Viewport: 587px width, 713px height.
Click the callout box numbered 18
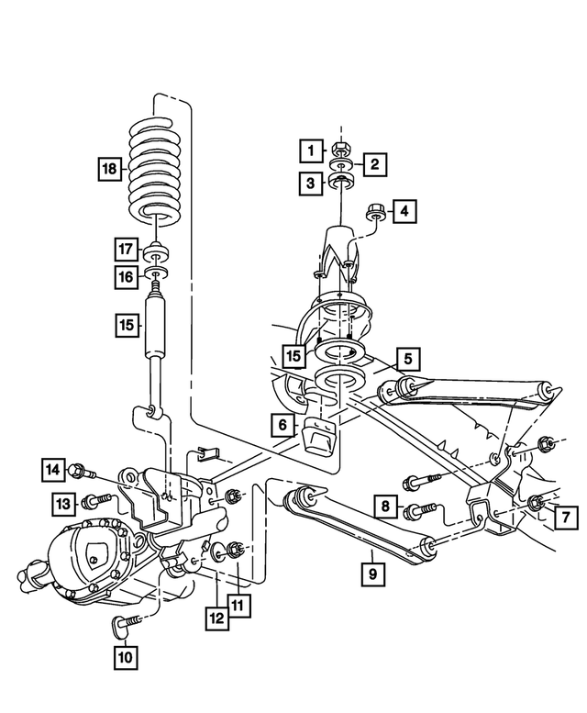click(x=110, y=169)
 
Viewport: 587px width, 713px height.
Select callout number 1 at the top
click(x=312, y=150)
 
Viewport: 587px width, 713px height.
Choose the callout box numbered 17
click(x=127, y=249)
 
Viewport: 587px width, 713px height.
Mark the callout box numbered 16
click(x=127, y=275)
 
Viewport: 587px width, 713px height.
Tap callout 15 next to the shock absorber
click(x=127, y=324)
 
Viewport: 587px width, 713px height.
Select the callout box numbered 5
click(x=408, y=358)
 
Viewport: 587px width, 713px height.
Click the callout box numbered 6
click(x=282, y=424)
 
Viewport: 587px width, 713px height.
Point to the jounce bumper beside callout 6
click(x=317, y=436)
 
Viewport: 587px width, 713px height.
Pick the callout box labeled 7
click(x=566, y=516)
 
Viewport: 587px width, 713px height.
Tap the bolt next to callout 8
click(x=417, y=508)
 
